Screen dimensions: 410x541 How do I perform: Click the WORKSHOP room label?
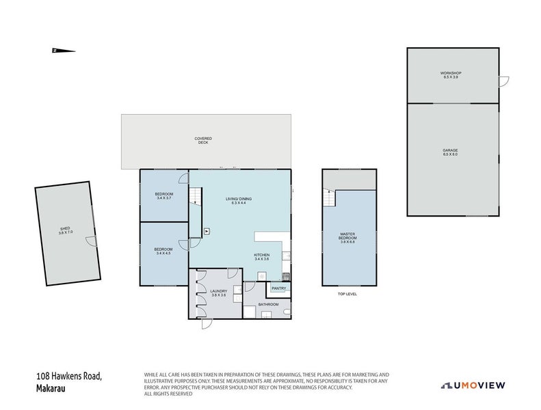(451, 73)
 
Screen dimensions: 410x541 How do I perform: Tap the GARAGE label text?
(449, 150)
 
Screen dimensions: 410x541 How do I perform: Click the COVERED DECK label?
(203, 139)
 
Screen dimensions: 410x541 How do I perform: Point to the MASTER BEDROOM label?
(347, 236)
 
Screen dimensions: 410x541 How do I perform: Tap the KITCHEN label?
(262, 255)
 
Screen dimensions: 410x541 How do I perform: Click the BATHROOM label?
(268, 304)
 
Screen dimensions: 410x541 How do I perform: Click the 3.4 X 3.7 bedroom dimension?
(164, 198)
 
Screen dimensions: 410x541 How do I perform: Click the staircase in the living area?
(196, 197)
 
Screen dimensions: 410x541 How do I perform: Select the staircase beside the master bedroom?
(330, 198)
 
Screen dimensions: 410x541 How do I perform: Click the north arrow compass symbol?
(63, 50)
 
